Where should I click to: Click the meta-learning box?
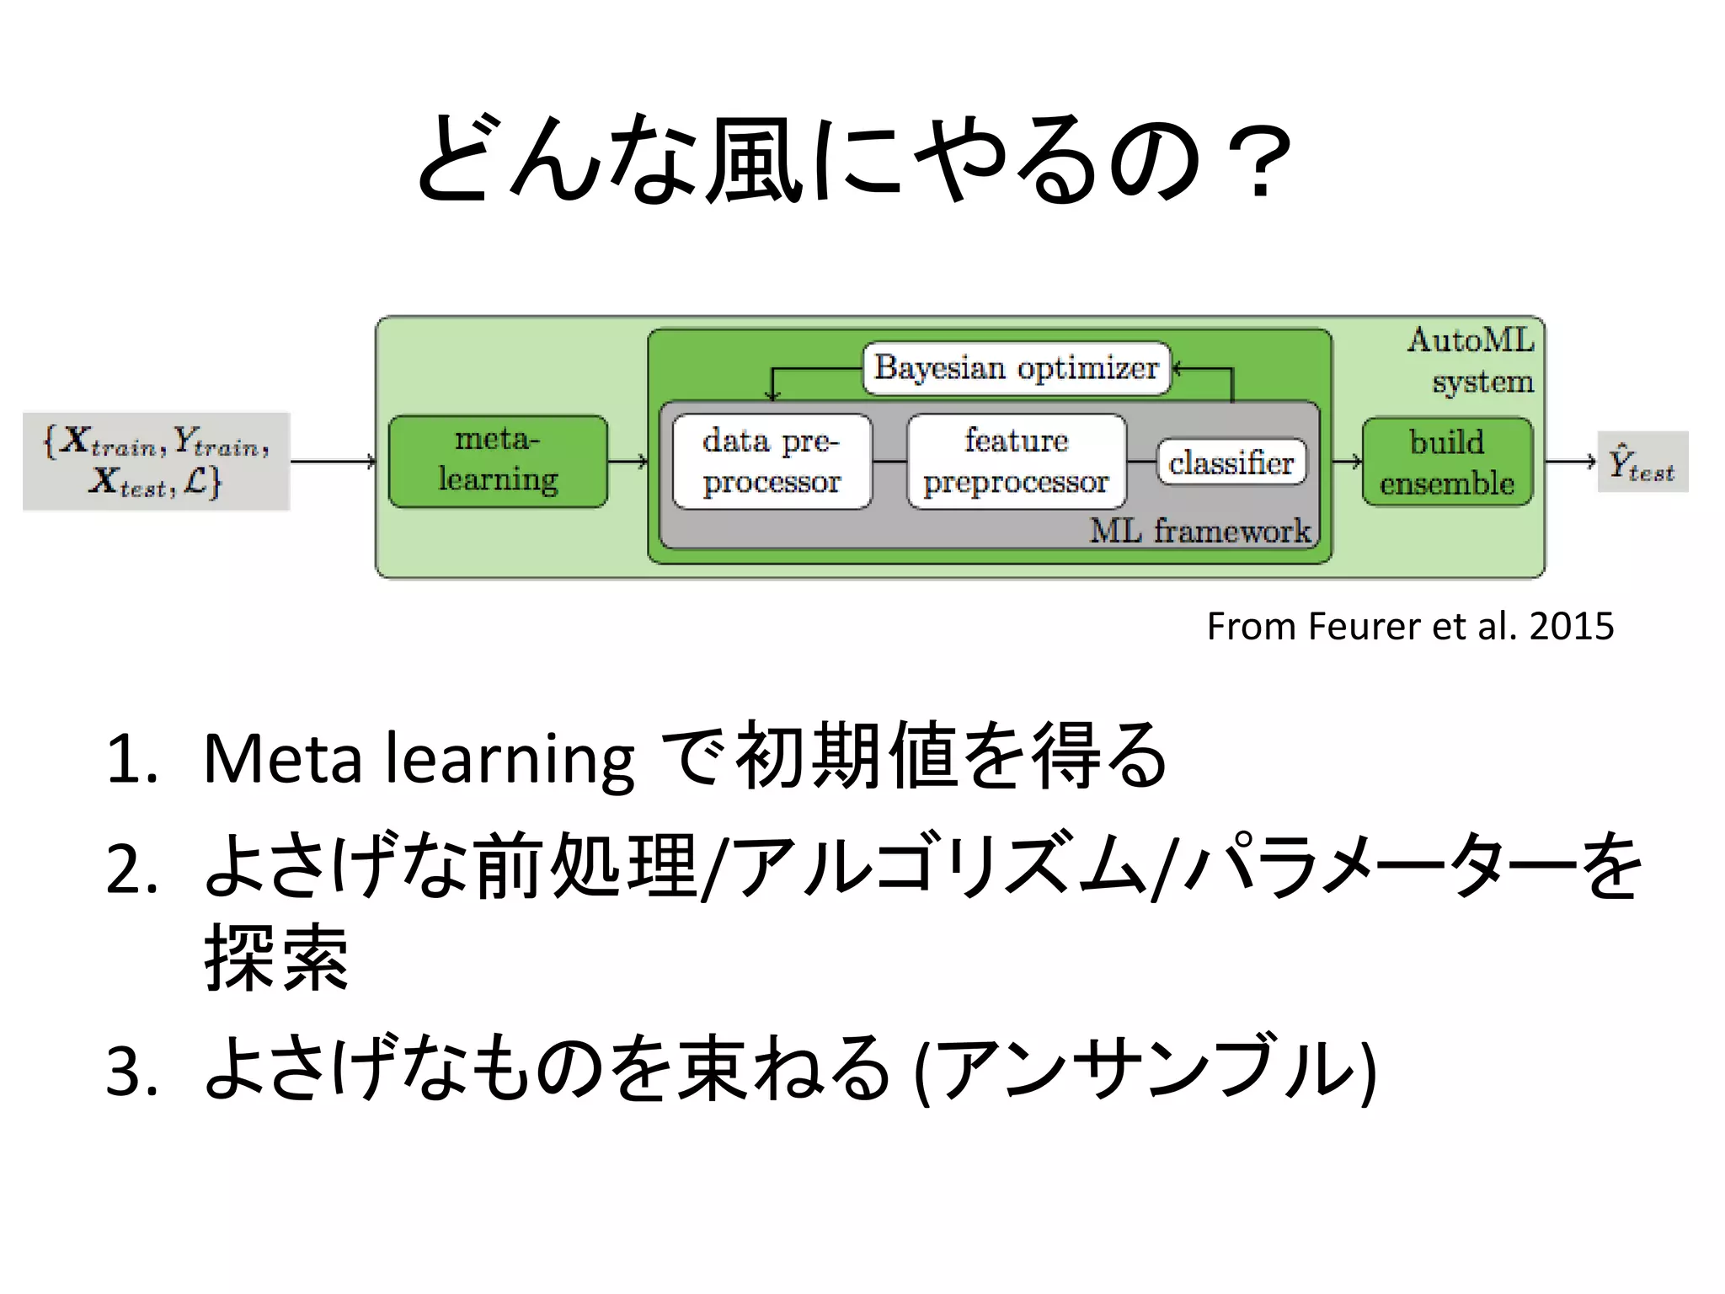coord(497,461)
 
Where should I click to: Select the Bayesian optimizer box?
coord(1017,368)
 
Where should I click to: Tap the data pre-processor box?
coord(772,461)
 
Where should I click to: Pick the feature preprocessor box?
coord(1016,461)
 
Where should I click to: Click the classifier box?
coord(1231,462)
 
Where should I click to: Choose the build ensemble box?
coord(1446,462)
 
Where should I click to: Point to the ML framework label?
coord(1199,531)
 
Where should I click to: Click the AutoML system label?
coord(1472,361)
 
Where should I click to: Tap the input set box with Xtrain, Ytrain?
coord(157,461)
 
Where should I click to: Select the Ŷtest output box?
coord(1642,462)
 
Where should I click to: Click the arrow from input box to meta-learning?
coord(333,461)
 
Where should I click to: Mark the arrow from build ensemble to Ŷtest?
coord(1570,461)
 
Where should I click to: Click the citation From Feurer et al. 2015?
coord(1409,626)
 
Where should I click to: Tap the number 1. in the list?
coord(132,759)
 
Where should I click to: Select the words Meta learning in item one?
coord(419,759)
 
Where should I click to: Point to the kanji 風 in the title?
coord(752,160)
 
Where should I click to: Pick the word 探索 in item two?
coord(276,957)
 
